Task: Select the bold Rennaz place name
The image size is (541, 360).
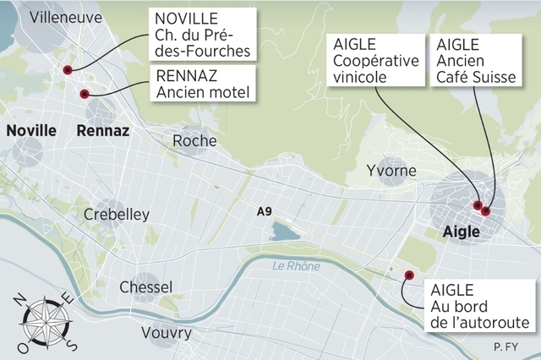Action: click(102, 130)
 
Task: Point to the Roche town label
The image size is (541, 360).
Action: click(194, 141)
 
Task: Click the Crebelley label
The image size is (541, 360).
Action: click(117, 215)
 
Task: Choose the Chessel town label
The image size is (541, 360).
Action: click(145, 287)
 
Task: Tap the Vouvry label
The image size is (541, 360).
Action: click(167, 333)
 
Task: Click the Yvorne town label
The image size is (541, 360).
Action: click(391, 172)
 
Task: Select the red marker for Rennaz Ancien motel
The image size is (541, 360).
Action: click(84, 94)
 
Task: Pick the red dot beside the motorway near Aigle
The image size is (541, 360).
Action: click(408, 275)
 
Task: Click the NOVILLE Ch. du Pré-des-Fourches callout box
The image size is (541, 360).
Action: click(202, 34)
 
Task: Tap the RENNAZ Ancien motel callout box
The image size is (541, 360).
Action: click(204, 83)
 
